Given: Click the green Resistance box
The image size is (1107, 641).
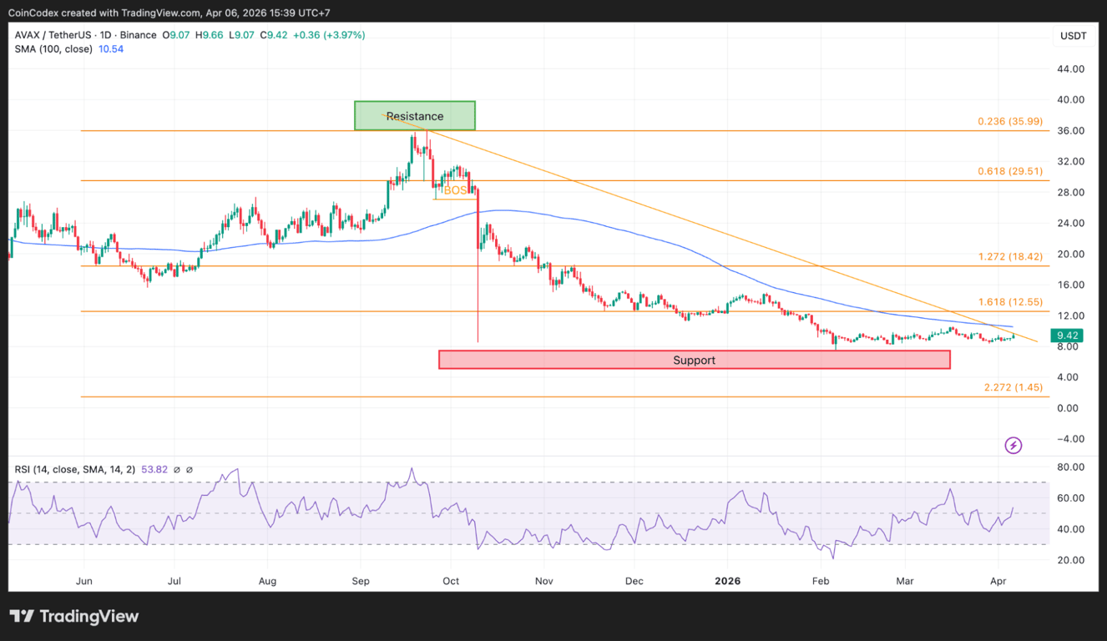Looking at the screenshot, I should pyautogui.click(x=415, y=116).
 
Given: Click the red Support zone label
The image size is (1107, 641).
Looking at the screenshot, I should pyautogui.click(x=694, y=360).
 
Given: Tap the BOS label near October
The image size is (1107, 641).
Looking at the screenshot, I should pyautogui.click(x=455, y=191).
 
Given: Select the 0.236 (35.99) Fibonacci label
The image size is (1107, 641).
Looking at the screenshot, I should pyautogui.click(x=1010, y=121).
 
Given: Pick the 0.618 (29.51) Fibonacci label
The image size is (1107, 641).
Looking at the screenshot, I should pyautogui.click(x=1010, y=171).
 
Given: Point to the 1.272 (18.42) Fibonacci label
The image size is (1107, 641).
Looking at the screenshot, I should pyautogui.click(x=1010, y=256).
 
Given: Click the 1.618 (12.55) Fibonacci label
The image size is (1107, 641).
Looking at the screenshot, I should pyautogui.click(x=1010, y=301).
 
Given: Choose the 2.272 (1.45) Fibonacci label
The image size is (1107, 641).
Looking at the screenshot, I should pyautogui.click(x=1013, y=387).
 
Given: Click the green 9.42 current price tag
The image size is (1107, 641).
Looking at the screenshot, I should pyautogui.click(x=1069, y=336).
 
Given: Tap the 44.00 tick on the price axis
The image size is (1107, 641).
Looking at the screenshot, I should pyautogui.click(x=1070, y=68).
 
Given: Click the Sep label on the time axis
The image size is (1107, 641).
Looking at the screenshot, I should pyautogui.click(x=361, y=580).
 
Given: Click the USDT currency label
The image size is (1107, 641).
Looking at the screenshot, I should pyautogui.click(x=1073, y=36).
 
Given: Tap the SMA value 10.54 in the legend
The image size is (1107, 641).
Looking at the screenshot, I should pyautogui.click(x=111, y=49).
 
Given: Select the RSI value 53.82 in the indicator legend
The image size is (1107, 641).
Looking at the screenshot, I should pyautogui.click(x=154, y=470).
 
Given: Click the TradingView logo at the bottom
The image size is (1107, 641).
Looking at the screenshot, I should pyautogui.click(x=74, y=617).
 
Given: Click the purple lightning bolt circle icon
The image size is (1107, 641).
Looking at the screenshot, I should pyautogui.click(x=1013, y=446).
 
